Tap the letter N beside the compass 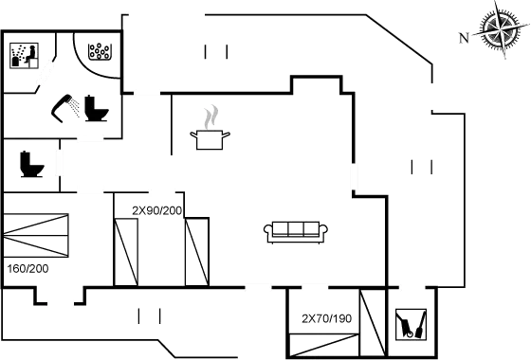point(463,38)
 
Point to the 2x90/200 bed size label point(157,208)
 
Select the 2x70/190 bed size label point(326,319)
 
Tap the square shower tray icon point(23,55)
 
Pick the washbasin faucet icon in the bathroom point(66,106)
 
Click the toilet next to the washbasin point(97,109)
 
